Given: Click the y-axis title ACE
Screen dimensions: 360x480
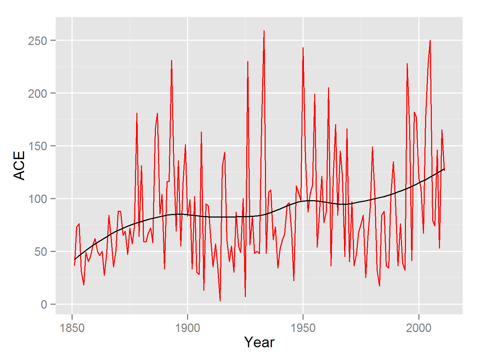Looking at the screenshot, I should (x=19, y=165).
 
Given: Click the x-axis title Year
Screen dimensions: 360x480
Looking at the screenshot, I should (x=259, y=342).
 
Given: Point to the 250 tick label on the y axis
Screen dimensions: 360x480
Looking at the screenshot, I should (x=38, y=41).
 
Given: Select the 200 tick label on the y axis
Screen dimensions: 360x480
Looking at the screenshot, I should (x=38, y=94).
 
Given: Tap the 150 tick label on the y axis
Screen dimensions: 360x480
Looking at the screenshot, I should (x=38, y=146).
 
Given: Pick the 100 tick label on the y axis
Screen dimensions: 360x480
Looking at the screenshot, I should (x=38, y=199).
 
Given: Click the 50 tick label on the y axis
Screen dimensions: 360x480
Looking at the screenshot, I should (x=40, y=252).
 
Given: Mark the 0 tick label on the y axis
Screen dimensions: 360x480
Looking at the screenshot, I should (x=44, y=304).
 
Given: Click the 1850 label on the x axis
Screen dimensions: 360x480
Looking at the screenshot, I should (x=72, y=328).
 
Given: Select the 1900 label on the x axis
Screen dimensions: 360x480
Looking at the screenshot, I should (x=187, y=328).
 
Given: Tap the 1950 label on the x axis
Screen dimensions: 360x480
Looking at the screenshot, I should (x=303, y=328).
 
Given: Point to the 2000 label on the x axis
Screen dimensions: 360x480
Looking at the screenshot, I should (x=418, y=328).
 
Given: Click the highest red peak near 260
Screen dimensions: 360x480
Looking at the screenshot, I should (x=264, y=31).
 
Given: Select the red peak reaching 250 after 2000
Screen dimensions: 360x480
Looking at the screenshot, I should (x=430, y=40).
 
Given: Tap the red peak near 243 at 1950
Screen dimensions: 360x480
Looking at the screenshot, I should (x=303, y=48).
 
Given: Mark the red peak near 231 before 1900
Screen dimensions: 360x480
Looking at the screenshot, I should (x=171, y=61).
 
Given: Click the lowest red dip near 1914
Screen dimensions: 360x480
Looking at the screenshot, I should (x=220, y=301).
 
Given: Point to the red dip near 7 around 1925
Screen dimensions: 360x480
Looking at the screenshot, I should (x=245, y=297).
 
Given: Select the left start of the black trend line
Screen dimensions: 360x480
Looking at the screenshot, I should (x=74, y=259).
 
